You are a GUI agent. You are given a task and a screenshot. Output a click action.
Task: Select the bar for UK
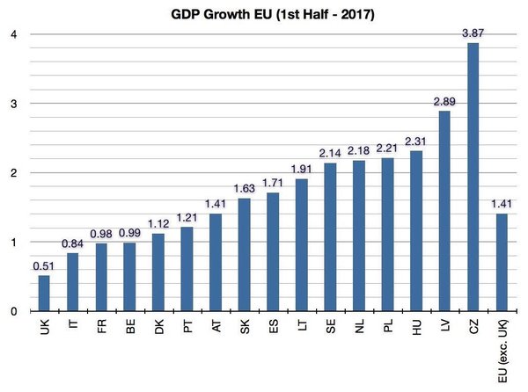[44, 294]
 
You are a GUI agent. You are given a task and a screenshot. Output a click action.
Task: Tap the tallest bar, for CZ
[473, 177]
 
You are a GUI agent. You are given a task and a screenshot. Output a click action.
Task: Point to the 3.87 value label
[473, 33]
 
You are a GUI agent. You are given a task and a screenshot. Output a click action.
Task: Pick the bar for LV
[444, 211]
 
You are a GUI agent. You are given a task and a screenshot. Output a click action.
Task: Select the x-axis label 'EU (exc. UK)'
[502, 351]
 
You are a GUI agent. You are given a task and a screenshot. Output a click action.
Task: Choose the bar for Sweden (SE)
[330, 237]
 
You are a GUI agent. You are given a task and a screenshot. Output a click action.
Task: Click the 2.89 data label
[444, 101]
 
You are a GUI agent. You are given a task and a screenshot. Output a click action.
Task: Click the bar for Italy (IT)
[72, 282]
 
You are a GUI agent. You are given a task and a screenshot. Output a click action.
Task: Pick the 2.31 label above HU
[415, 142]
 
